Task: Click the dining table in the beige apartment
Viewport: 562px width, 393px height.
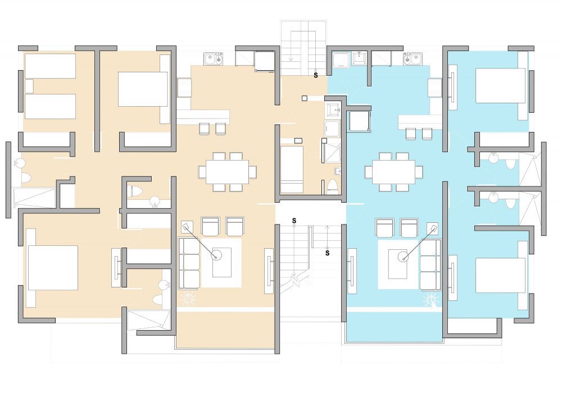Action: (227, 172)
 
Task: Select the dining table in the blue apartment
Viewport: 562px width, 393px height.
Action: (393, 172)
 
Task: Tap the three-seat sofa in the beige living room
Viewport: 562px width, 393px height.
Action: (189, 263)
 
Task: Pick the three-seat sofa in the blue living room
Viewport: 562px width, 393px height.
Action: (430, 265)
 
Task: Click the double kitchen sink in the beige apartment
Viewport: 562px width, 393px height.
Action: (214, 59)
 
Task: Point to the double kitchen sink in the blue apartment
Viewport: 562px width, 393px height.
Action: (413, 59)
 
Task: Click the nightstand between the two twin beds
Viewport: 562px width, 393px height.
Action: (29, 86)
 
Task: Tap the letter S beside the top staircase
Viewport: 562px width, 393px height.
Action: (316, 76)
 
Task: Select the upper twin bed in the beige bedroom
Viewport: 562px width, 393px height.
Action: (50, 66)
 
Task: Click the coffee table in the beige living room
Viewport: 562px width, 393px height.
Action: (221, 262)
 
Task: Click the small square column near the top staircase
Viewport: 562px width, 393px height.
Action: (305, 98)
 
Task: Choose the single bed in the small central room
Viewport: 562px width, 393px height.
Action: (292, 170)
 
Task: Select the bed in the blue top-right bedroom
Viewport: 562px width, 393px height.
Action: (500, 86)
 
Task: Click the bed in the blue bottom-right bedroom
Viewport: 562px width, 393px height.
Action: (500, 275)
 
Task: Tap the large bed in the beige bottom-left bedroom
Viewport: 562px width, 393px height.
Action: (52, 268)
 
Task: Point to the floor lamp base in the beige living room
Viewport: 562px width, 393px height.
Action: (216, 255)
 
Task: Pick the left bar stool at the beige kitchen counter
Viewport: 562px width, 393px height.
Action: (205, 129)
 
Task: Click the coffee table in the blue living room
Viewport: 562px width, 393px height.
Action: (398, 264)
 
